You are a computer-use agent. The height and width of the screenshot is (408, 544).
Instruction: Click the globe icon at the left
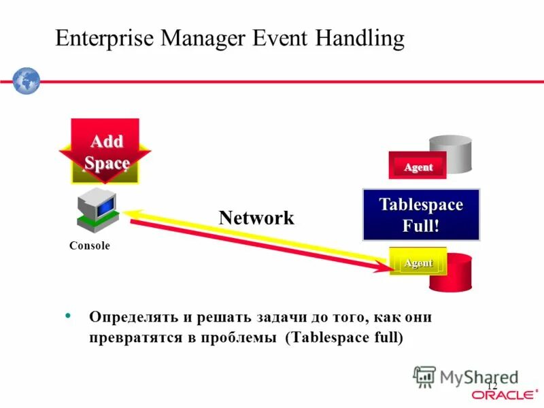pyautogui.click(x=27, y=81)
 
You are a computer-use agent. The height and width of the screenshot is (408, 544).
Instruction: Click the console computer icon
pyautogui.click(x=97, y=210)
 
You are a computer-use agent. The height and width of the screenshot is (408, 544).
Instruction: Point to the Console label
pyautogui.click(x=89, y=246)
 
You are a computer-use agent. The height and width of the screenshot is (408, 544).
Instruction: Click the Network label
pyautogui.click(x=256, y=218)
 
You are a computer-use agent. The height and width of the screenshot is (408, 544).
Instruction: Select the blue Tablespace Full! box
pyautogui.click(x=421, y=215)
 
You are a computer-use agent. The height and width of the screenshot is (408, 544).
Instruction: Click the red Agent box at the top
pyautogui.click(x=418, y=167)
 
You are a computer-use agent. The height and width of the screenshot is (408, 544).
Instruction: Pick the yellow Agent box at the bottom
pyautogui.click(x=418, y=262)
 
